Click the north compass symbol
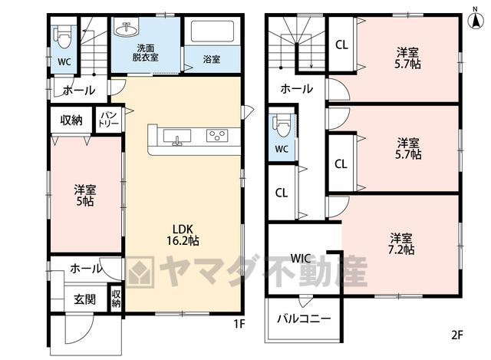[x=475, y=18]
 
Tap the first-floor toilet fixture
[x=63, y=38]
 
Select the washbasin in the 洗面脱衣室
[x=126, y=29]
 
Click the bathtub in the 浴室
[x=213, y=31]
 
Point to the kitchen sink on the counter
[x=177, y=137]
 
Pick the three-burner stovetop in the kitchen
[x=216, y=135]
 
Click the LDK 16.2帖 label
[x=183, y=234]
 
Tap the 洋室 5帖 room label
[x=85, y=196]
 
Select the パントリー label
[x=108, y=118]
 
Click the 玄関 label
[x=84, y=299]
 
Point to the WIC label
[x=301, y=259]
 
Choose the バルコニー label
[x=304, y=319]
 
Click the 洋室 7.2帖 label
[x=402, y=244]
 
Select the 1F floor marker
[x=239, y=324]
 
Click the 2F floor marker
[x=457, y=335]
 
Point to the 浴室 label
[x=212, y=59]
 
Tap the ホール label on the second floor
[x=297, y=89]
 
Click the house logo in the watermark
[x=140, y=272]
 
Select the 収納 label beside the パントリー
[x=71, y=120]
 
